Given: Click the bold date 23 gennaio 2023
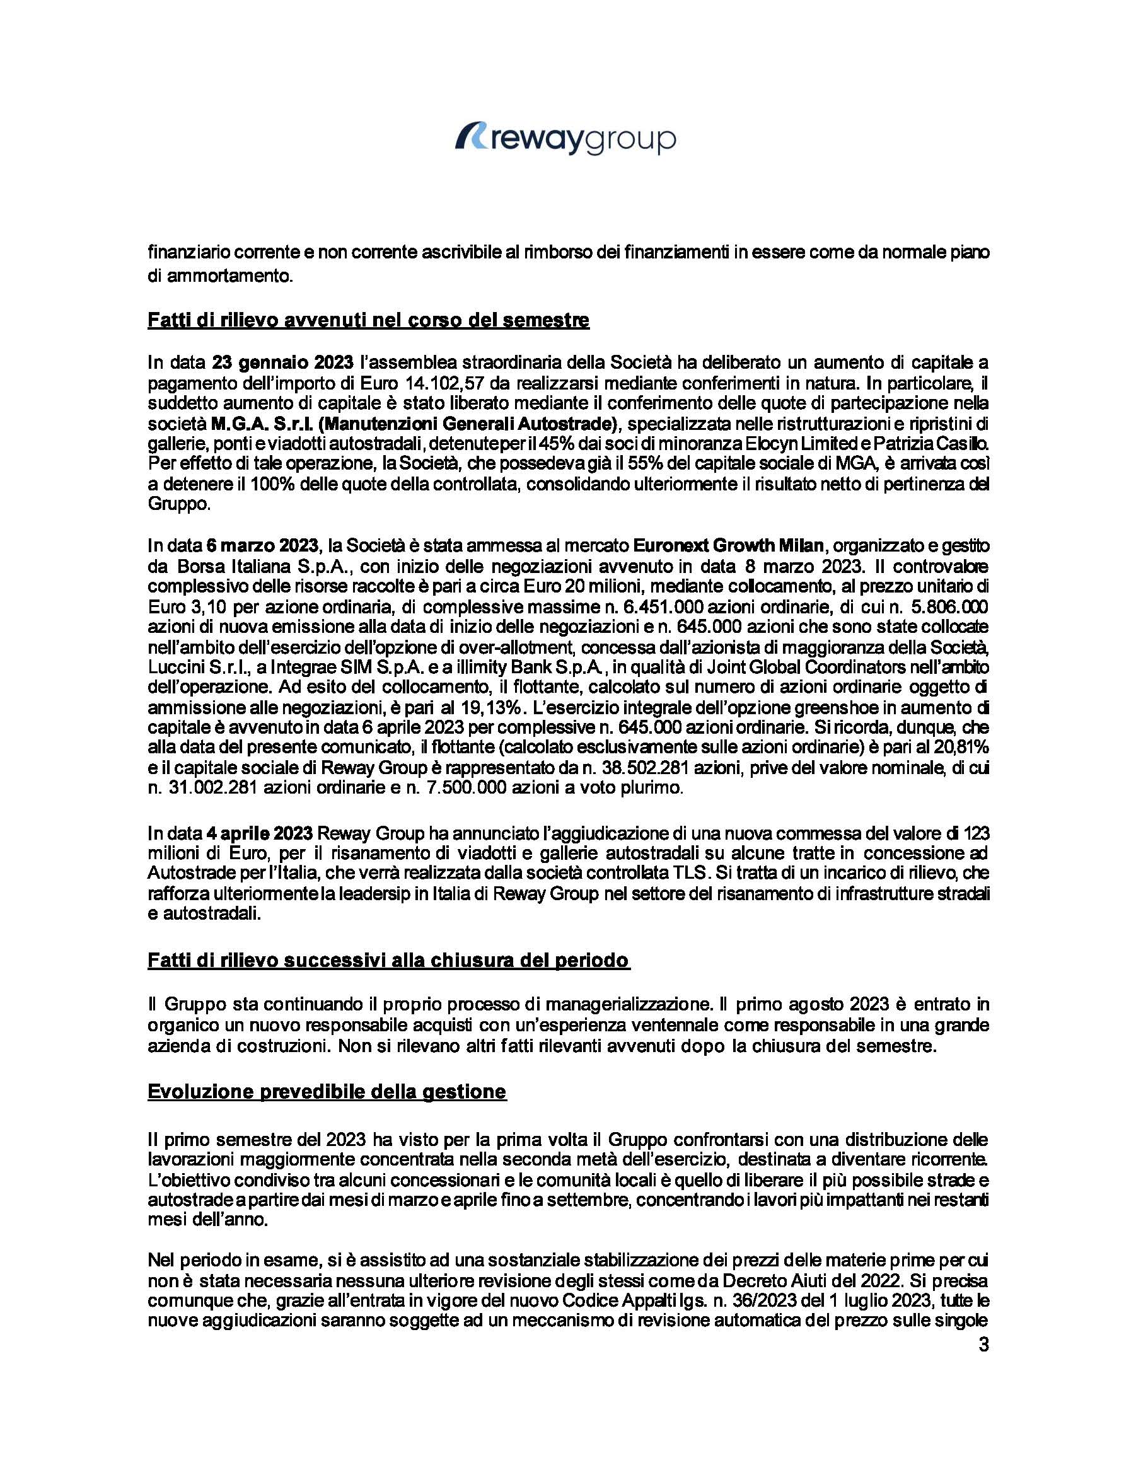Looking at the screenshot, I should point(282,362).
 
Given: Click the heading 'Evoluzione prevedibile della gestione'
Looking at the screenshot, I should point(327,1091).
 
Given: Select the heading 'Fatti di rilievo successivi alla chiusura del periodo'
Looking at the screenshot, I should point(388,960).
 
